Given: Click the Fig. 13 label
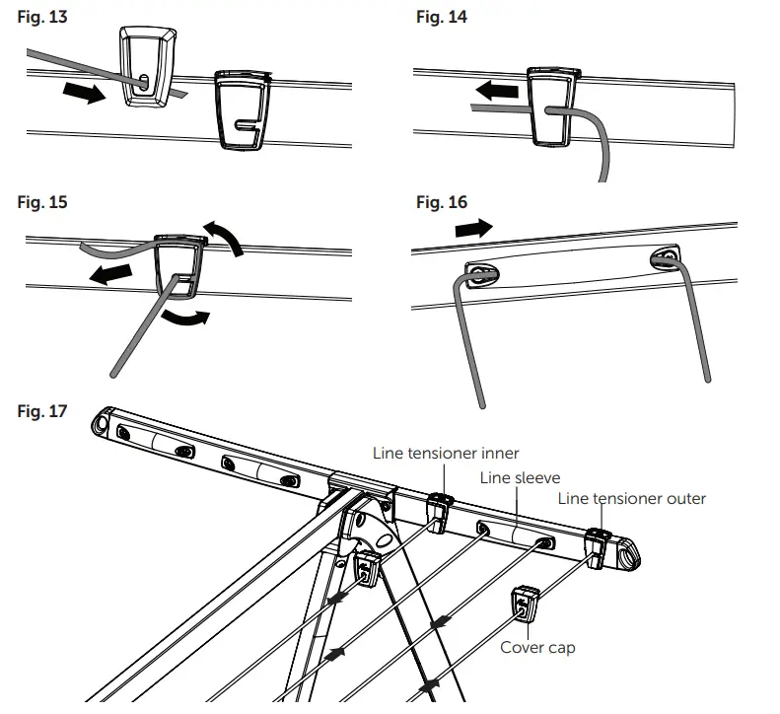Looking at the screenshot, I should (x=43, y=18).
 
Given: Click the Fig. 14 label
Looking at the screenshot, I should (x=442, y=18).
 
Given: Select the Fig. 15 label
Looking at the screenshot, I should (x=43, y=202).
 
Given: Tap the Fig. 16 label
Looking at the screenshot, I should (x=442, y=202).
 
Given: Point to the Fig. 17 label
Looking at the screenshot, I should (x=43, y=410).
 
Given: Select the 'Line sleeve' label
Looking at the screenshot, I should (x=520, y=477).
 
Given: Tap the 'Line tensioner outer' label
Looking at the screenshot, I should (x=631, y=498).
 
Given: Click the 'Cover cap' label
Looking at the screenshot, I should (x=537, y=648).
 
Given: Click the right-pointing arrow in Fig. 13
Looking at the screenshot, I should (x=84, y=95).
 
